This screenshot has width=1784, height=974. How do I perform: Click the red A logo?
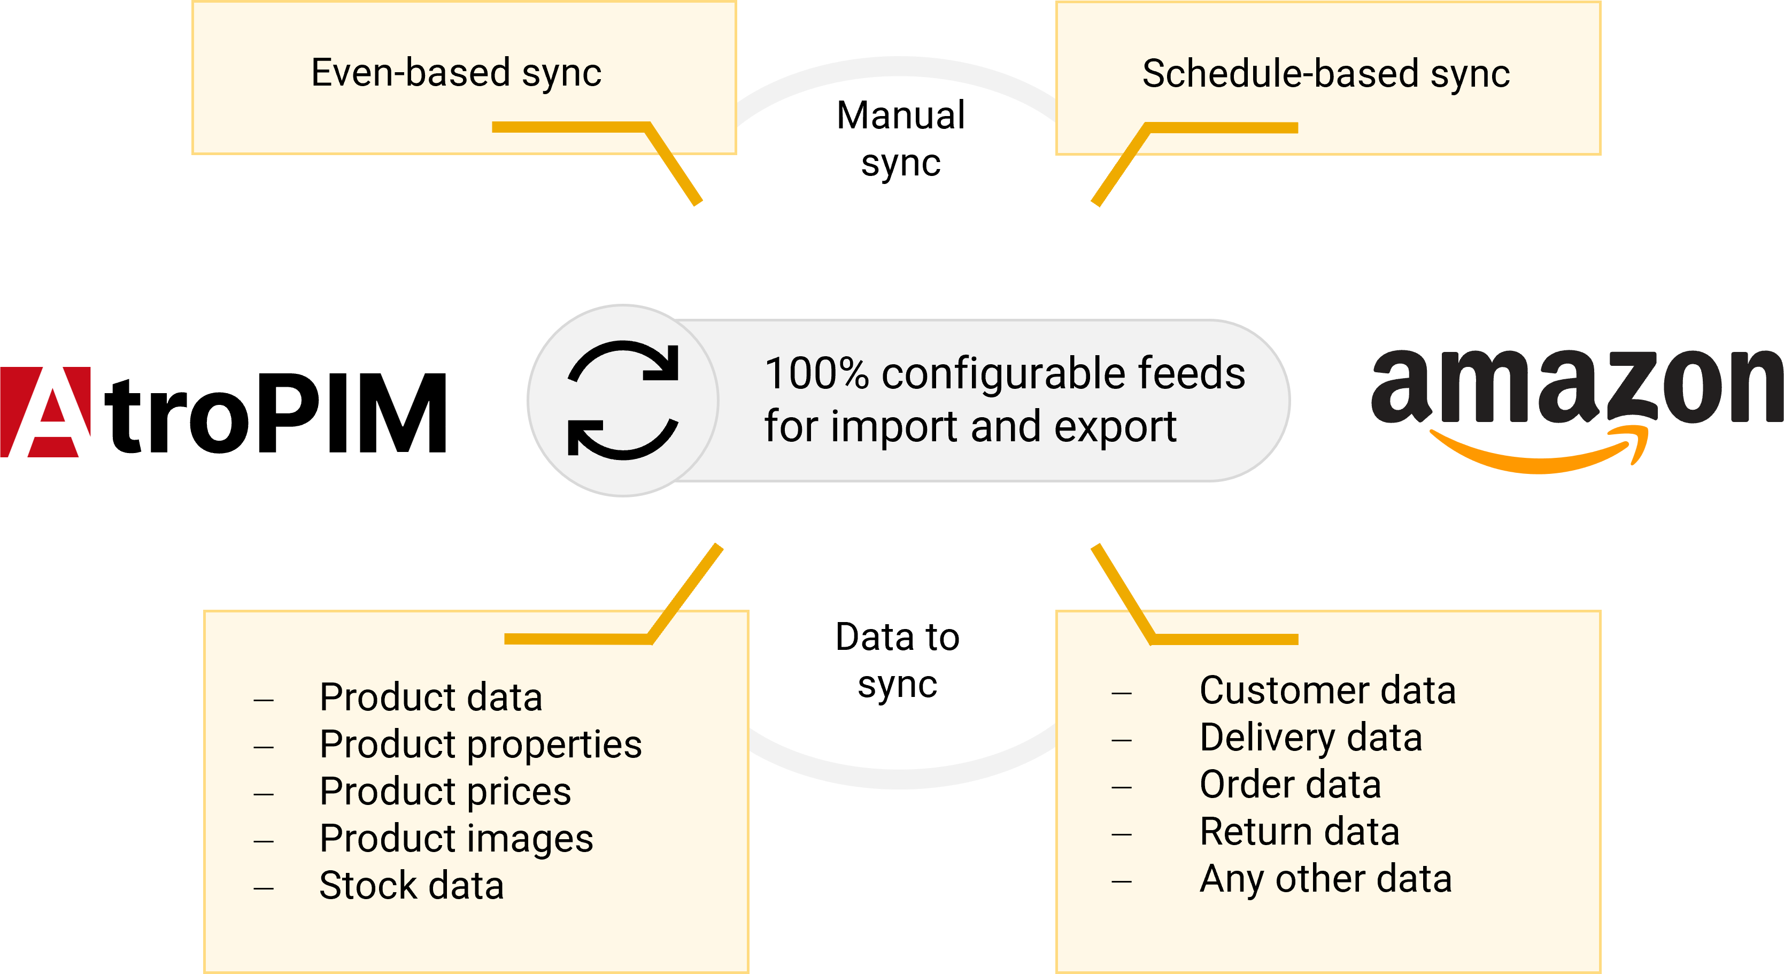tap(45, 412)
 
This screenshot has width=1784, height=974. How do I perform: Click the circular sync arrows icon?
tap(623, 401)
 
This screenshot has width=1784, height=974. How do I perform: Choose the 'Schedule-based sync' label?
tap(1325, 74)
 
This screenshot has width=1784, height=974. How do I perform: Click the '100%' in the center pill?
tap(817, 374)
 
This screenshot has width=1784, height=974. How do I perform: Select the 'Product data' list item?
tap(431, 697)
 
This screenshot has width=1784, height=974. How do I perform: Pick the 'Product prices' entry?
tap(445, 792)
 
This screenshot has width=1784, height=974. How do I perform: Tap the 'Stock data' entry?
tap(411, 886)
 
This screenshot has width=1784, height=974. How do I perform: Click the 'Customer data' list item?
tap(1327, 691)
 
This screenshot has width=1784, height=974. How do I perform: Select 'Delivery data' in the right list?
tap(1311, 738)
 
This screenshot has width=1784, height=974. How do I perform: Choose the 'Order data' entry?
tap(1290, 785)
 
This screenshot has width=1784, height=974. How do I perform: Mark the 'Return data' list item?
tap(1299, 832)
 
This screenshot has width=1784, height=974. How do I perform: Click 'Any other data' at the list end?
tap(1325, 879)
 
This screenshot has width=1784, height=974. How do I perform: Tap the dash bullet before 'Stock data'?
tap(264, 888)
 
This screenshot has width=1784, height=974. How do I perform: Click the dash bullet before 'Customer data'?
tap(1121, 693)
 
